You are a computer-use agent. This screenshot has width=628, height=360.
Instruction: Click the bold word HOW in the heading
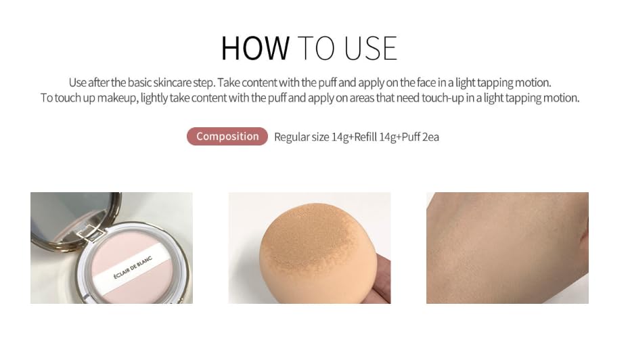(255, 49)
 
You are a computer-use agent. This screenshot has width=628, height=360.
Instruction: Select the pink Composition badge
(227, 137)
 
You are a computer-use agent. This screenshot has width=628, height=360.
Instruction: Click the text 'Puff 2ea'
(420, 137)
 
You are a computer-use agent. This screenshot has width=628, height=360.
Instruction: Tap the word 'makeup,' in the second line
(117, 98)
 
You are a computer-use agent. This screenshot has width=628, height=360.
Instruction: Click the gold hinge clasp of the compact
(91, 233)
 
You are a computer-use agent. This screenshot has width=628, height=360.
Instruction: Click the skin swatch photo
(508, 248)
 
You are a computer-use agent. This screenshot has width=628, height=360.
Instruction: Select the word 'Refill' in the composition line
(365, 137)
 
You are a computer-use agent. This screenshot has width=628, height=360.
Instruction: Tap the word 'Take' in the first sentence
(229, 83)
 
